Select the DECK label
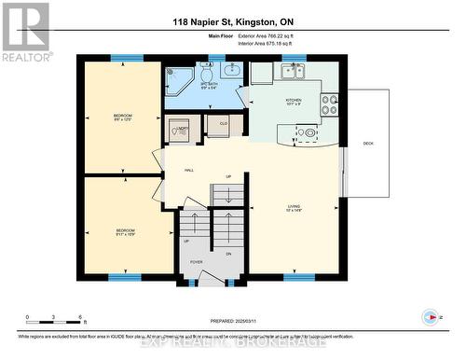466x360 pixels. tap(368, 143)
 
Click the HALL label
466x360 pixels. tap(189, 171)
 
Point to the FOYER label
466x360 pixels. tap(197, 262)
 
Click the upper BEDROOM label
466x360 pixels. tap(123, 117)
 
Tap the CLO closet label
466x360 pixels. tap(224, 122)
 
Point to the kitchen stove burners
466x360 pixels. tap(329, 104)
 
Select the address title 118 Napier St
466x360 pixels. tap(233, 21)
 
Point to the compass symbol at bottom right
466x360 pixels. tap(430, 316)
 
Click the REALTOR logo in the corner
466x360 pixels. tap(26, 32)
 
